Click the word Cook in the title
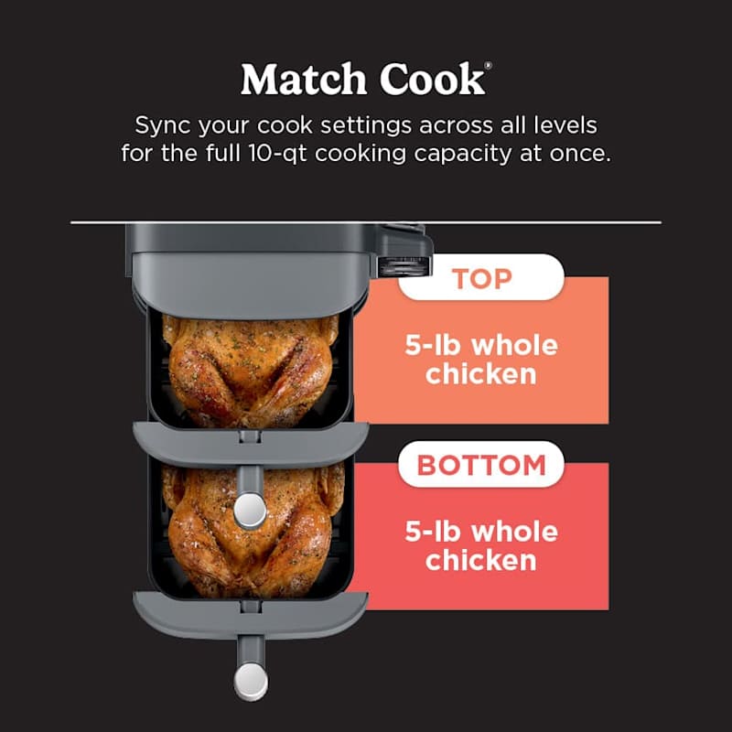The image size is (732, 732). (431, 80)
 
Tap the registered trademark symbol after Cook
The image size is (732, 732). (488, 67)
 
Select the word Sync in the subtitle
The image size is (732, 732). (162, 125)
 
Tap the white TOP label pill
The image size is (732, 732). (480, 277)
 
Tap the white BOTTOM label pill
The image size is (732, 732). (480, 465)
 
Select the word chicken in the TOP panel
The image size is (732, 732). (480, 373)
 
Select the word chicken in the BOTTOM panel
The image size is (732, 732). (480, 559)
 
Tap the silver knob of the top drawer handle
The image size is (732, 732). (250, 511)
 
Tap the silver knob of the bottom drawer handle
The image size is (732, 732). (250, 679)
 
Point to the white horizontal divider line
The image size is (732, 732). (366, 222)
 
